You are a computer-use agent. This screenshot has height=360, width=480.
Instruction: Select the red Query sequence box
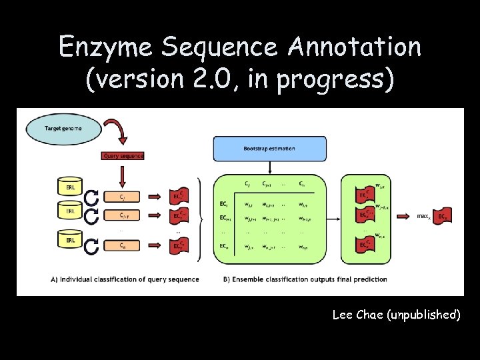click(x=123, y=155)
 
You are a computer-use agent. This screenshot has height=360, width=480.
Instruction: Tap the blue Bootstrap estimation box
click(x=269, y=148)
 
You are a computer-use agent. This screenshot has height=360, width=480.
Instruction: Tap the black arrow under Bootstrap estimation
click(x=269, y=166)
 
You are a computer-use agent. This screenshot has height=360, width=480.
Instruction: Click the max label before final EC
click(x=423, y=216)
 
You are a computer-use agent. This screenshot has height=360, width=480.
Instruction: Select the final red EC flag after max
click(x=443, y=217)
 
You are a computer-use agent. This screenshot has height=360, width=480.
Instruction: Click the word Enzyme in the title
click(x=100, y=47)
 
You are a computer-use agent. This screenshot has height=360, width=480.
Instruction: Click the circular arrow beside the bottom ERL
click(x=91, y=245)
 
